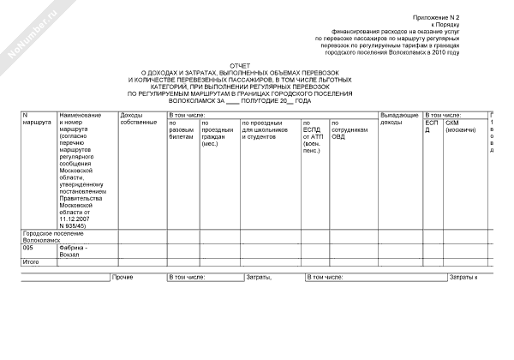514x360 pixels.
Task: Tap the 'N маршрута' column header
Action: point(36,118)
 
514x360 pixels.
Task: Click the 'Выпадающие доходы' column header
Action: point(398,118)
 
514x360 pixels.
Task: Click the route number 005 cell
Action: point(28,248)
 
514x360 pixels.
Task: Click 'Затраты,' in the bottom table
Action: point(258,278)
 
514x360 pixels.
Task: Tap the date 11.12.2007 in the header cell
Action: point(75,218)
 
